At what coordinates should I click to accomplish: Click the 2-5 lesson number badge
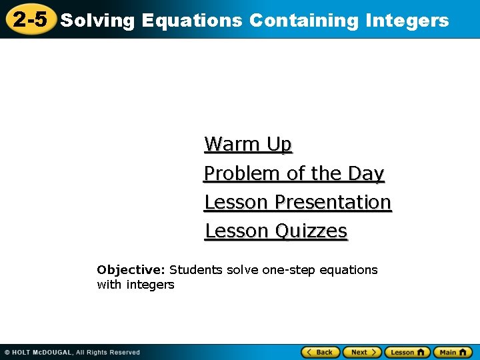click(x=30, y=19)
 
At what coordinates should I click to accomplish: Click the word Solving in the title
click(x=98, y=21)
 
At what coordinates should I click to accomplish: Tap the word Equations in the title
click(x=193, y=21)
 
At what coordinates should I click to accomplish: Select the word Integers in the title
click(x=407, y=21)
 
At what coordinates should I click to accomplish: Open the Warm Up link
click(x=248, y=144)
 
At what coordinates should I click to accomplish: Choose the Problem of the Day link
click(x=294, y=173)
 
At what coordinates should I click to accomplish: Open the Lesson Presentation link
click(x=297, y=202)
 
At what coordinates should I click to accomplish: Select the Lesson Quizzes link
click(x=276, y=231)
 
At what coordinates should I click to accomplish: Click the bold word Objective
click(x=131, y=270)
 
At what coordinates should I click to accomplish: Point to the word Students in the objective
click(x=196, y=270)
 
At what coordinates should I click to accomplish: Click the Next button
click(x=363, y=352)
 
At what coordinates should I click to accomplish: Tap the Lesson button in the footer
click(x=407, y=352)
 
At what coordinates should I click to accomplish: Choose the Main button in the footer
click(x=453, y=352)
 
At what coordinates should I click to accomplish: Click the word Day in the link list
click(x=366, y=173)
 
